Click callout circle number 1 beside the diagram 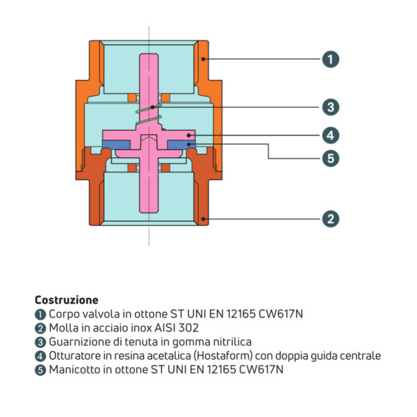tap(331, 59)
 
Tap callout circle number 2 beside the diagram tap(331, 218)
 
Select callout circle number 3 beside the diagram tap(331, 107)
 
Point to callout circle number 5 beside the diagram tap(331, 158)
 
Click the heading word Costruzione tap(67, 300)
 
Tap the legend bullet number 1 tap(40, 314)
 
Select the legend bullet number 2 tap(40, 328)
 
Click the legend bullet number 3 tap(40, 342)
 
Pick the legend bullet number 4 tap(40, 356)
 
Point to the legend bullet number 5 tap(40, 370)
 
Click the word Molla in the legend tap(62, 328)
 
